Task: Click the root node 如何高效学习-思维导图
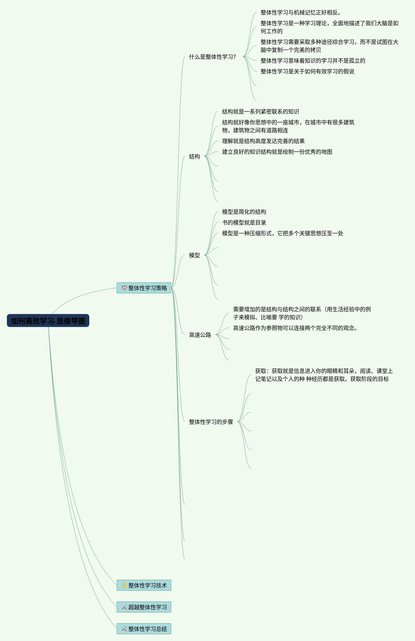[48, 321]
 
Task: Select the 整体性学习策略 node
[144, 288]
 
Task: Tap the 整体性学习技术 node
[144, 585]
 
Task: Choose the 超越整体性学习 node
[144, 607]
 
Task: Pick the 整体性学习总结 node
[144, 629]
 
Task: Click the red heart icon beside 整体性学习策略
[124, 288]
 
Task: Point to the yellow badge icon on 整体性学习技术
[124, 585]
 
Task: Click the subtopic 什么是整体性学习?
[212, 57]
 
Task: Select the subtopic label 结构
[195, 156]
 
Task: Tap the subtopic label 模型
[195, 255]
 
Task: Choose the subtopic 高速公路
[200, 335]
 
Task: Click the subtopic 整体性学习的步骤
[211, 422]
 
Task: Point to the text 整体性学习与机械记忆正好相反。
[301, 12]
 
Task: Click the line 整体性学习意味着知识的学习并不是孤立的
[313, 61]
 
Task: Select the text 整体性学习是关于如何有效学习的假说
[307, 71]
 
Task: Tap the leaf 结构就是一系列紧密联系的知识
[260, 112]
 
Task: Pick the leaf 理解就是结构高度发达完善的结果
[263, 141]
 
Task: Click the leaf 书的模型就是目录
[244, 222]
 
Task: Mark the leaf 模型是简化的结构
[244, 212]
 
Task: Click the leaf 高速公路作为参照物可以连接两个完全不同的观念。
[295, 328]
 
